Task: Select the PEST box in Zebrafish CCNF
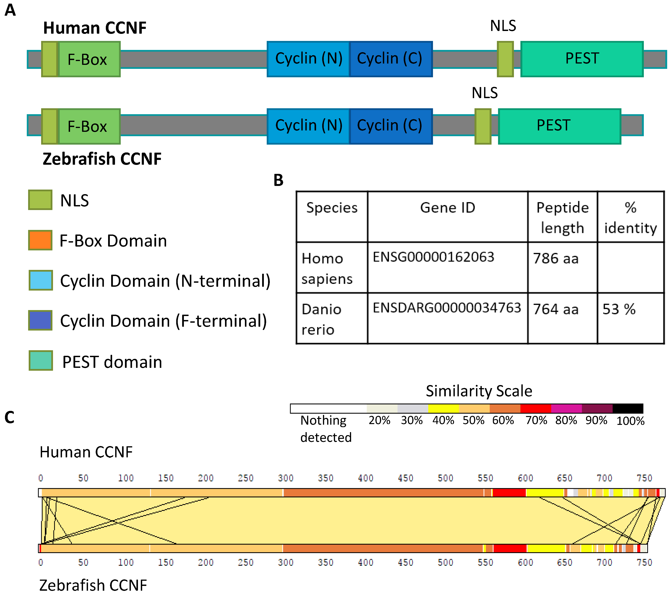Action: pos(559,126)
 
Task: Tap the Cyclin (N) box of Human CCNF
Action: pos(309,59)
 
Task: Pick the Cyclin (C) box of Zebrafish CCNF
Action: pos(391,126)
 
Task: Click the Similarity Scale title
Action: pos(479,391)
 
